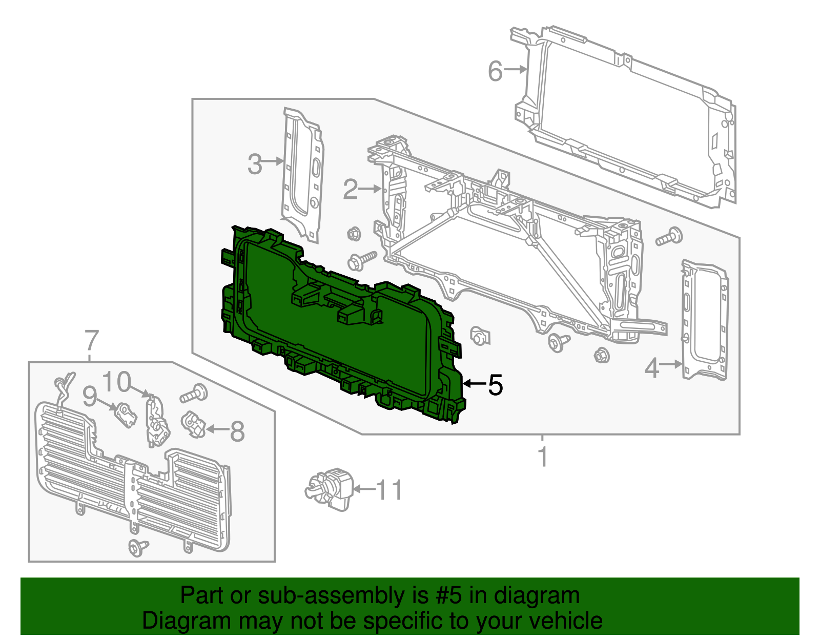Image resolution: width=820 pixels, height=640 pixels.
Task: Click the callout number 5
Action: click(495, 384)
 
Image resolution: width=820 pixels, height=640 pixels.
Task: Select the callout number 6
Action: click(495, 71)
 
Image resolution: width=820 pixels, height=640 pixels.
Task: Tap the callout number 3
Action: click(255, 164)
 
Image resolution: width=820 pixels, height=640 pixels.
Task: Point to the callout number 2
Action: click(350, 190)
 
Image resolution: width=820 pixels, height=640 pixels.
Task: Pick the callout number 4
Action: click(651, 368)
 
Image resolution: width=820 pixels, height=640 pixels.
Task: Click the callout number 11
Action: click(389, 490)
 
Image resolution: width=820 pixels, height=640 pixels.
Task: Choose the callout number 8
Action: click(237, 431)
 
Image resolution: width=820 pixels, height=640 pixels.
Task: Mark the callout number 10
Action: click(117, 382)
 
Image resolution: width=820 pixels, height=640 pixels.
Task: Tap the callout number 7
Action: click(91, 340)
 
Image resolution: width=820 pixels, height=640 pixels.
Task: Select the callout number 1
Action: click(543, 457)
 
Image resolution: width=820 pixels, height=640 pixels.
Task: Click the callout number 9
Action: click(90, 396)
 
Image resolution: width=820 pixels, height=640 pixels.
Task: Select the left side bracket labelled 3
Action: click(302, 174)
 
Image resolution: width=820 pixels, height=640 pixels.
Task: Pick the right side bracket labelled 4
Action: click(705, 320)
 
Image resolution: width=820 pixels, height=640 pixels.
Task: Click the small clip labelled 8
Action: click(194, 424)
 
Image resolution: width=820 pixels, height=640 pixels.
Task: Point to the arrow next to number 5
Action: click(474, 383)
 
